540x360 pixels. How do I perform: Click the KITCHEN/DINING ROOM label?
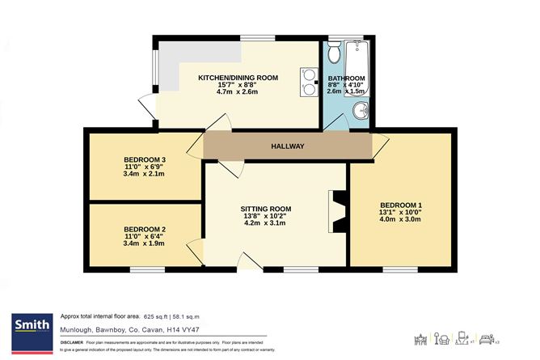[238, 77]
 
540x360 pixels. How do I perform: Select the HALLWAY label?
[287, 146]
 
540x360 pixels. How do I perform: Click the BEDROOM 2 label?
[145, 230]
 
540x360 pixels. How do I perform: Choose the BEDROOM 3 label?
[145, 159]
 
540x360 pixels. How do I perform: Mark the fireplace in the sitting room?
[337, 211]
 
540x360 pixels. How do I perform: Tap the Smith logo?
[29, 327]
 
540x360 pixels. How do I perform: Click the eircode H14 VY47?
[196, 329]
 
